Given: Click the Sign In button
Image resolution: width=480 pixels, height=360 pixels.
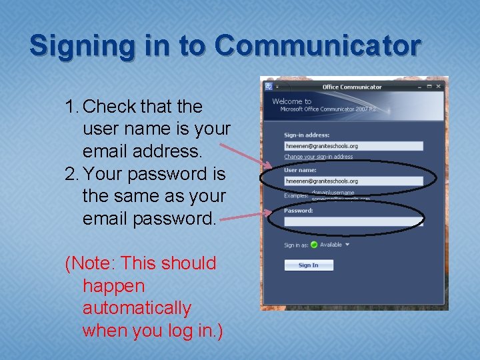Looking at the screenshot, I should pyautogui.click(x=309, y=265).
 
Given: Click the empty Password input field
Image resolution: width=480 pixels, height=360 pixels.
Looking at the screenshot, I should pyautogui.click(x=353, y=221).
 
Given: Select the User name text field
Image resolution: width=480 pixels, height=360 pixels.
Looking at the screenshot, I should pyautogui.click(x=353, y=181).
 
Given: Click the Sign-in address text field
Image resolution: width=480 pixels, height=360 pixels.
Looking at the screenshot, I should pyautogui.click(x=353, y=146).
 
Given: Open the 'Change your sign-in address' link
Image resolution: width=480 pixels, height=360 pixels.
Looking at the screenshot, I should pyautogui.click(x=318, y=157).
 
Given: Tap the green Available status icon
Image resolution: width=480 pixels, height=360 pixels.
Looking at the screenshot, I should pyautogui.click(x=314, y=245).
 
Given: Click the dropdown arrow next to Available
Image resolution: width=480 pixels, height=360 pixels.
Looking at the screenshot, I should pyautogui.click(x=347, y=245).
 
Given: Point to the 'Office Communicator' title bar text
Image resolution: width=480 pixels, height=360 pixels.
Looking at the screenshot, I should pyautogui.click(x=352, y=87).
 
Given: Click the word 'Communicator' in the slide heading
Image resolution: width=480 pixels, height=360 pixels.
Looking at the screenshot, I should pyautogui.click(x=318, y=46).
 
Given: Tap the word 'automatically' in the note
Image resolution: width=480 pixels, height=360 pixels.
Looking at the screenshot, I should pyautogui.click(x=137, y=309).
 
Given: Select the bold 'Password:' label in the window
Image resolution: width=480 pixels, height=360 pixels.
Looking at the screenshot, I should pyautogui.click(x=298, y=211).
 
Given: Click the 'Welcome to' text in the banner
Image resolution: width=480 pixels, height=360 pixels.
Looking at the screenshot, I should pyautogui.click(x=291, y=101).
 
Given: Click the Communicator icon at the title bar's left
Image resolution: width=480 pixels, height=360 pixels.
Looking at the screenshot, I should pyautogui.click(x=269, y=86).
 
